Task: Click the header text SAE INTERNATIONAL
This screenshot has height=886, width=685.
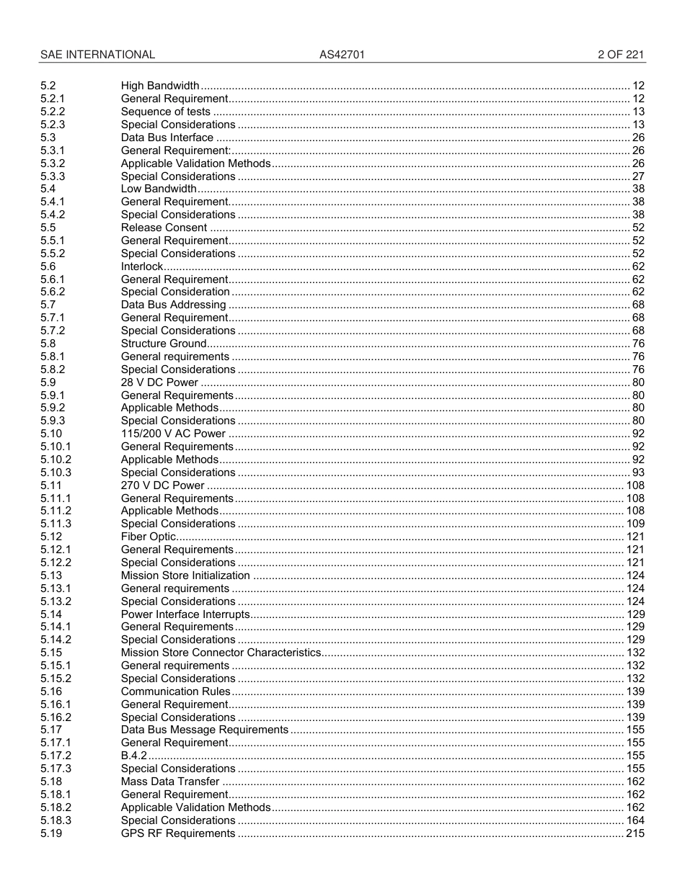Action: [97, 55]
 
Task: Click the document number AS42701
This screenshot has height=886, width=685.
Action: [337, 55]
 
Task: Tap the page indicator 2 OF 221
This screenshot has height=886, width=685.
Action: [621, 55]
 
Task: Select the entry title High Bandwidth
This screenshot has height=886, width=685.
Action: [160, 86]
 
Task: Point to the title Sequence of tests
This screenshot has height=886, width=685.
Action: [166, 112]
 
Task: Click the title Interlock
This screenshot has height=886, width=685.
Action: [142, 267]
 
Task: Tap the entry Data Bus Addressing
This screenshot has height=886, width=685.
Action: [173, 305]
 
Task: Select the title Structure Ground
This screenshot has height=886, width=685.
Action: [164, 344]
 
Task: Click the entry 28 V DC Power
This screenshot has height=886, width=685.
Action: [159, 382]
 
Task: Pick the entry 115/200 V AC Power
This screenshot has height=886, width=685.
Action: [173, 434]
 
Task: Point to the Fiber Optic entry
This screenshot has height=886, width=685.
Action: [149, 537]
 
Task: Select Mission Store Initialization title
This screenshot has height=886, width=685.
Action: [185, 576]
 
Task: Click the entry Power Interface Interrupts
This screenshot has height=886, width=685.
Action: [185, 614]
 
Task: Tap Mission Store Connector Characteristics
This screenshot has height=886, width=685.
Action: [221, 653]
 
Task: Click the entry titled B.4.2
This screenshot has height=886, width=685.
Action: [133, 756]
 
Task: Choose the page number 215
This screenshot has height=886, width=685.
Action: [635, 833]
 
